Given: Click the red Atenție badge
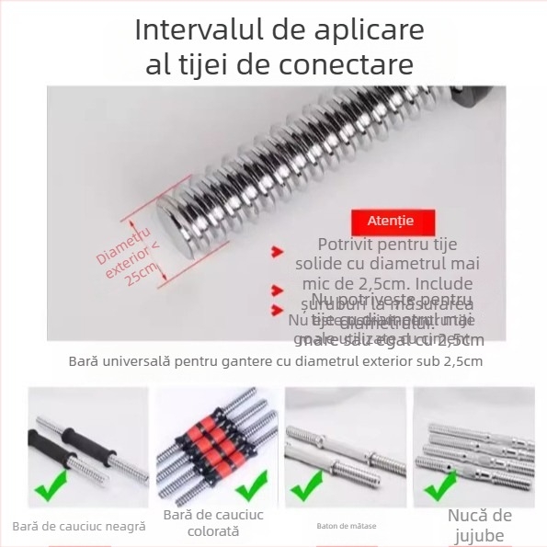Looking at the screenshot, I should click(390, 222).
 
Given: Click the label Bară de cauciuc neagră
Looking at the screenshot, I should click(79, 527).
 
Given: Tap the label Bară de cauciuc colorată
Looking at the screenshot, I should click(213, 523).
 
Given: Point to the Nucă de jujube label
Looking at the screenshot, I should click(479, 526).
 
